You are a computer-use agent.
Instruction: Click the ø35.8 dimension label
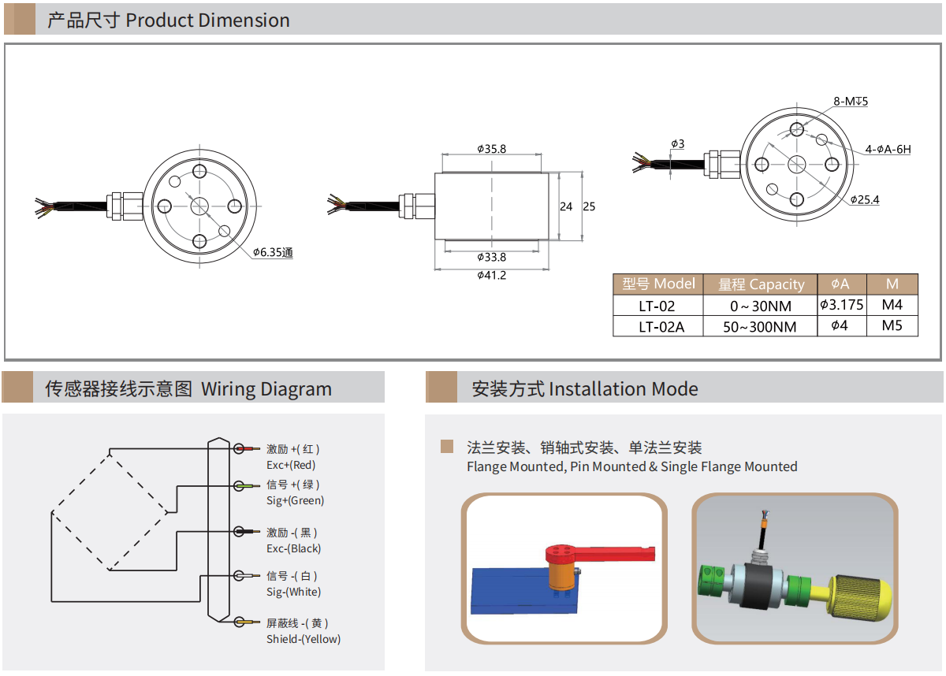click(x=491, y=148)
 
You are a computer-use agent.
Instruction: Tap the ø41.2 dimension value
click(x=491, y=275)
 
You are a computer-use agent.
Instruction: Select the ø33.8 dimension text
click(x=491, y=257)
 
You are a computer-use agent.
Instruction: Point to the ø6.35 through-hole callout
click(x=273, y=253)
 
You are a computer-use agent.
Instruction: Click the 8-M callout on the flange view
click(x=850, y=102)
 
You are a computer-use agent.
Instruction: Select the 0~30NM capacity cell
click(x=760, y=306)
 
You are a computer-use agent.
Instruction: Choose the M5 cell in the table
click(x=892, y=325)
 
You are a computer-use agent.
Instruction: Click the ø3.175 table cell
click(x=841, y=304)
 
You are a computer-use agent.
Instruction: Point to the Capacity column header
click(x=761, y=284)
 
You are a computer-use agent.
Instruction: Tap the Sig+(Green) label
click(x=295, y=500)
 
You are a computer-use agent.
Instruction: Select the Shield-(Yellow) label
click(x=303, y=639)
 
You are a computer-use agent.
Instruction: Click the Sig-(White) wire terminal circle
click(x=240, y=577)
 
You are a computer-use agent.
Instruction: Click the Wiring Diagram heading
click(x=266, y=389)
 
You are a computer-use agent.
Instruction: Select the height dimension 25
click(x=589, y=206)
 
